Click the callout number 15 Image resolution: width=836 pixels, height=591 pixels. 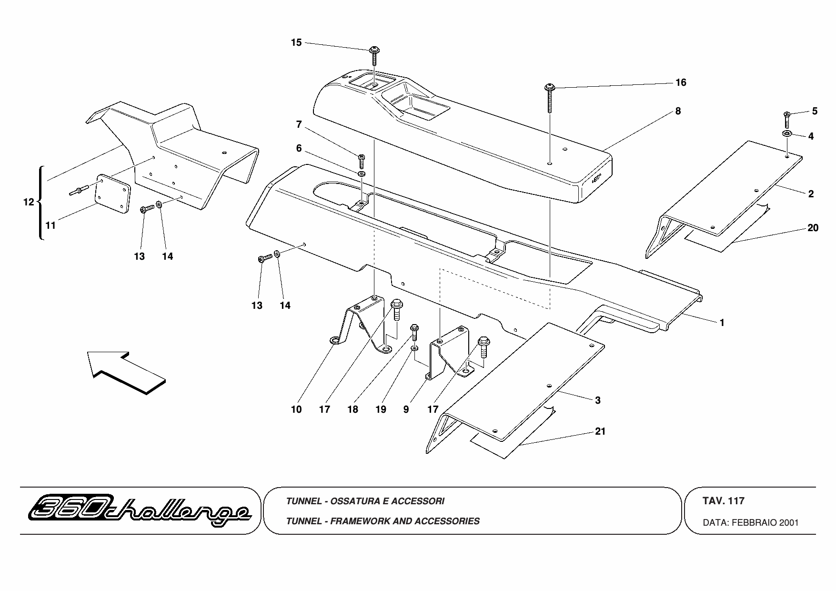coord(296,42)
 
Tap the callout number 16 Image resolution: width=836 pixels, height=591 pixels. coord(681,82)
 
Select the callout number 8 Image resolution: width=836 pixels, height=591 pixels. coord(678,111)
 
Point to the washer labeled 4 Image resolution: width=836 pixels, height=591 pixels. coord(786,133)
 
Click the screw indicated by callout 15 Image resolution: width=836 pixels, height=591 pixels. coord(374,57)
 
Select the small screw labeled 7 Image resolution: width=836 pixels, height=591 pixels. coord(361,161)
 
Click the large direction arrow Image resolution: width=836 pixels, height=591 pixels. coord(127,372)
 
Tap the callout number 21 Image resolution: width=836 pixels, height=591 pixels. coord(601,431)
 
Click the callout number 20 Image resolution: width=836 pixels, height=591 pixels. coord(813,228)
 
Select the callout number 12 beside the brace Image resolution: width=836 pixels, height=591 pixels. coord(29,202)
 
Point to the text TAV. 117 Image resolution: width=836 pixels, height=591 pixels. coord(723,501)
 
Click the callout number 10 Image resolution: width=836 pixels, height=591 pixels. coord(296,409)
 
